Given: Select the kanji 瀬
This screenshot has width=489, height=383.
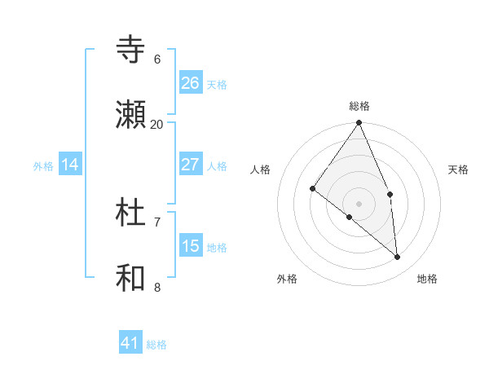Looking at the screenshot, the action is [x=131, y=115].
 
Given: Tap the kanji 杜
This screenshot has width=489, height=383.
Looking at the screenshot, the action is [x=131, y=214].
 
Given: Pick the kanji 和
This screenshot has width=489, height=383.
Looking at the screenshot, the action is [x=131, y=278].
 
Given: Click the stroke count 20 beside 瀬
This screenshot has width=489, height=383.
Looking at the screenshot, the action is [x=157, y=124].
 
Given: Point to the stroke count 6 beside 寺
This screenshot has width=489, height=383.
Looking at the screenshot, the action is [x=157, y=59].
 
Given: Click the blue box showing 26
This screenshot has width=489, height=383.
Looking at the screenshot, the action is [x=191, y=83].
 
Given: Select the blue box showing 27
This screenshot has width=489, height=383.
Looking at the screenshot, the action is [x=191, y=165].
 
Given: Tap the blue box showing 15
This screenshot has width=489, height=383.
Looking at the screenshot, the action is [x=191, y=246].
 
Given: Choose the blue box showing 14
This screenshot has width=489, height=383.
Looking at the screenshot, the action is [x=70, y=165].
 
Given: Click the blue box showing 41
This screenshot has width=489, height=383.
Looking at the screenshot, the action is [x=131, y=343].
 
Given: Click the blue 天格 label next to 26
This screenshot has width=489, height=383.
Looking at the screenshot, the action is [x=217, y=85].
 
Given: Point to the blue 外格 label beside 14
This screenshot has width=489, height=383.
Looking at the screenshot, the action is [x=43, y=166].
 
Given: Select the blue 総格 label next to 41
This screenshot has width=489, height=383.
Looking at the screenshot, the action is [x=156, y=345].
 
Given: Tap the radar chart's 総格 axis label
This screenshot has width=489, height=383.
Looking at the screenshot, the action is [x=359, y=106].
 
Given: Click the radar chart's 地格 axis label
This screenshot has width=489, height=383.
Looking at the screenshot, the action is [x=427, y=279].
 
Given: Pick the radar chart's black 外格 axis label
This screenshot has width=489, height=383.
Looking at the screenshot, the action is [x=287, y=279].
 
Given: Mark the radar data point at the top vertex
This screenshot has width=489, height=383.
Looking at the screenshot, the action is [x=359, y=123].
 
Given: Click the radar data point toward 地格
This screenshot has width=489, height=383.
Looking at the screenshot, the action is [x=398, y=257].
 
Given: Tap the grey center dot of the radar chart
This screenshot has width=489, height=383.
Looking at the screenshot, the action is [x=359, y=203].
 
